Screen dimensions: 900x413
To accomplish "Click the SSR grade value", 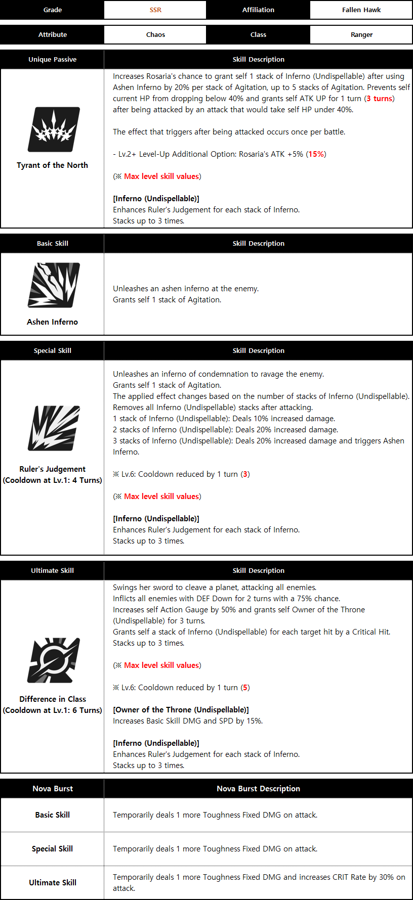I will pyautogui.click(x=155, y=10).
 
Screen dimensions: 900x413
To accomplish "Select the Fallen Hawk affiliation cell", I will pyautogui.click(x=361, y=10).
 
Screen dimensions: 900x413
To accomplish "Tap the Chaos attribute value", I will pyautogui.click(x=155, y=35).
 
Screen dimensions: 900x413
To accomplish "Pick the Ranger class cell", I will pyautogui.click(x=361, y=35).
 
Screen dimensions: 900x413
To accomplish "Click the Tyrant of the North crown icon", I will pyautogui.click(x=53, y=129).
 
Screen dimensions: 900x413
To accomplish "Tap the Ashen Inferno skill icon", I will pyautogui.click(x=53, y=285).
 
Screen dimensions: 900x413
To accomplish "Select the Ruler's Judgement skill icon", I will pyautogui.click(x=53, y=428).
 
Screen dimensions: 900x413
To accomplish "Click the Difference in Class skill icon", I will pyautogui.click(x=53, y=660).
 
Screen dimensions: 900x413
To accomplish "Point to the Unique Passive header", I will pyautogui.click(x=52, y=60).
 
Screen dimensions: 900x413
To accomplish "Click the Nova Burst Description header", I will pyautogui.click(x=258, y=789).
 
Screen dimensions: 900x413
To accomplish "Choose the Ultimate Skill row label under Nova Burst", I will pyautogui.click(x=52, y=882).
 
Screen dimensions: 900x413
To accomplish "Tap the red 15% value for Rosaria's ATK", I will pyautogui.click(x=316, y=154).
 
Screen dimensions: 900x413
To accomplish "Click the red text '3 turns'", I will pyautogui.click(x=379, y=99).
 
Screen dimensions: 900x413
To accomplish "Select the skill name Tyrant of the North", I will pyautogui.click(x=52, y=165).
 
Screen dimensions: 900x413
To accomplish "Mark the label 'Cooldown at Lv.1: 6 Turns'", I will pyautogui.click(x=52, y=710).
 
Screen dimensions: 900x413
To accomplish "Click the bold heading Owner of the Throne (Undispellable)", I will pyautogui.click(x=181, y=710).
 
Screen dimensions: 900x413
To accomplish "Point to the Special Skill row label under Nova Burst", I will pyautogui.click(x=52, y=848).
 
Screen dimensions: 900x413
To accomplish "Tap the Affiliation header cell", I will pyautogui.click(x=258, y=10).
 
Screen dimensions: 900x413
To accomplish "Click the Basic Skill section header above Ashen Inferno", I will pyautogui.click(x=52, y=244).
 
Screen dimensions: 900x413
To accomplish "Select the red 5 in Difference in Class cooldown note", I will pyautogui.click(x=245, y=688).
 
